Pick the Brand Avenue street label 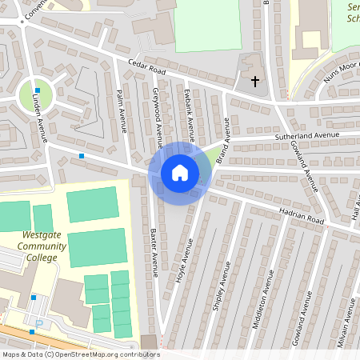tap(222, 138)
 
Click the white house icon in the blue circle tap(180, 172)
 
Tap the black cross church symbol tap(256, 81)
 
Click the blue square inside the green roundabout tap(38, 90)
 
